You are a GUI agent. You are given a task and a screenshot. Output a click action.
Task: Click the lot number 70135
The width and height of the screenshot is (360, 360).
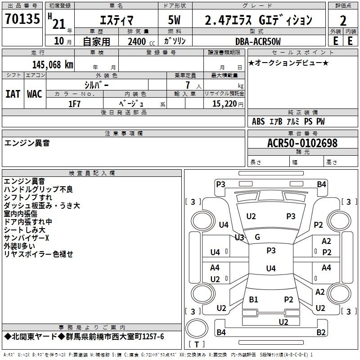point(22,19)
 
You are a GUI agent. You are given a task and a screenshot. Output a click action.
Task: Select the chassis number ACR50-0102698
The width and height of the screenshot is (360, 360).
point(302,143)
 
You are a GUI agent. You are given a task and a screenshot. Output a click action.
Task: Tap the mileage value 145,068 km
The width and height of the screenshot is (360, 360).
point(53,65)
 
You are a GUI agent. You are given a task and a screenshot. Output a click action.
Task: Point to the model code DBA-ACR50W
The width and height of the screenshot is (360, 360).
point(258,41)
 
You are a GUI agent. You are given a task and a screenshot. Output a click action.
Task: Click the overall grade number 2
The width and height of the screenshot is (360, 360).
point(343,21)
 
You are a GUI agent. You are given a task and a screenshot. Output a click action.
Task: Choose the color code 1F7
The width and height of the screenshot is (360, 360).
point(74,104)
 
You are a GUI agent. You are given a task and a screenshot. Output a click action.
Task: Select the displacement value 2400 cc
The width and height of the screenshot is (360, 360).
point(141,41)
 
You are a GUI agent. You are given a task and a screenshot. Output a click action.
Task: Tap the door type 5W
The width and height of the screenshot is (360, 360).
point(174,20)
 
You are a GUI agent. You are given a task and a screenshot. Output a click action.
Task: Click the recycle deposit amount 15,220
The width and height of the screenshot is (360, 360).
point(224,104)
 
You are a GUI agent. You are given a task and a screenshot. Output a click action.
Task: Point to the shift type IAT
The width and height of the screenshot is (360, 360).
point(13,94)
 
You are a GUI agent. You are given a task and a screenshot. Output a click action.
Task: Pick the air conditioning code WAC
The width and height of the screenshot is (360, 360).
point(35,94)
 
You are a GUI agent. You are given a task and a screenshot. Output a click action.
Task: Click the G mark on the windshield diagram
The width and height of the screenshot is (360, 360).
point(257,237)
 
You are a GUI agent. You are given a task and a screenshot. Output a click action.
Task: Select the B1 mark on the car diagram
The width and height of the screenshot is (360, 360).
point(253,299)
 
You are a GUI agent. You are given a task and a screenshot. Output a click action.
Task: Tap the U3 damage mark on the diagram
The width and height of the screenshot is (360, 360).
point(239,237)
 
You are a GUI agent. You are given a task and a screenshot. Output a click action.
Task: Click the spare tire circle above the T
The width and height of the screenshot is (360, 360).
point(197,328)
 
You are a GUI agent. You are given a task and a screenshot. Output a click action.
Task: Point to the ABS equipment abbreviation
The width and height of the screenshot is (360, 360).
point(258,121)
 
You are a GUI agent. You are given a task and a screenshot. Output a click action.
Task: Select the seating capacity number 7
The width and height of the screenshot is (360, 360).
point(188,85)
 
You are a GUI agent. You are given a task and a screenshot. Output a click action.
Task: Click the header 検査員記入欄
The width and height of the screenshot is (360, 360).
point(92,173)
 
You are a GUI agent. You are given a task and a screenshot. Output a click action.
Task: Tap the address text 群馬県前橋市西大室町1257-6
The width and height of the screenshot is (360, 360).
point(115,337)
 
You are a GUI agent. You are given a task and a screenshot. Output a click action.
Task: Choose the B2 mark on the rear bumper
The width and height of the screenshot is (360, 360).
point(321,332)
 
